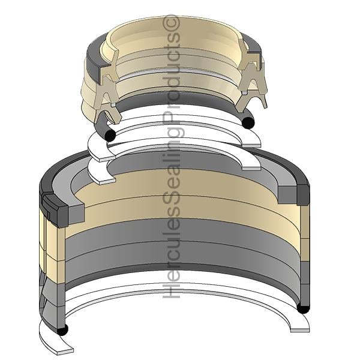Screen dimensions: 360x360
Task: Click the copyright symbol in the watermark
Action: point(171,22)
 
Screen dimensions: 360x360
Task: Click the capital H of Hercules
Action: point(171,290)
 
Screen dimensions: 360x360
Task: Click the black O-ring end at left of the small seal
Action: point(110,136)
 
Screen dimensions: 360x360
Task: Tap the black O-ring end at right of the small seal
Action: point(248,122)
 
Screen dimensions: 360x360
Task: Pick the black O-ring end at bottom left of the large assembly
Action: point(62,330)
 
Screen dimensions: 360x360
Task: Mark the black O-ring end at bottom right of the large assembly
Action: point(303,308)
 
